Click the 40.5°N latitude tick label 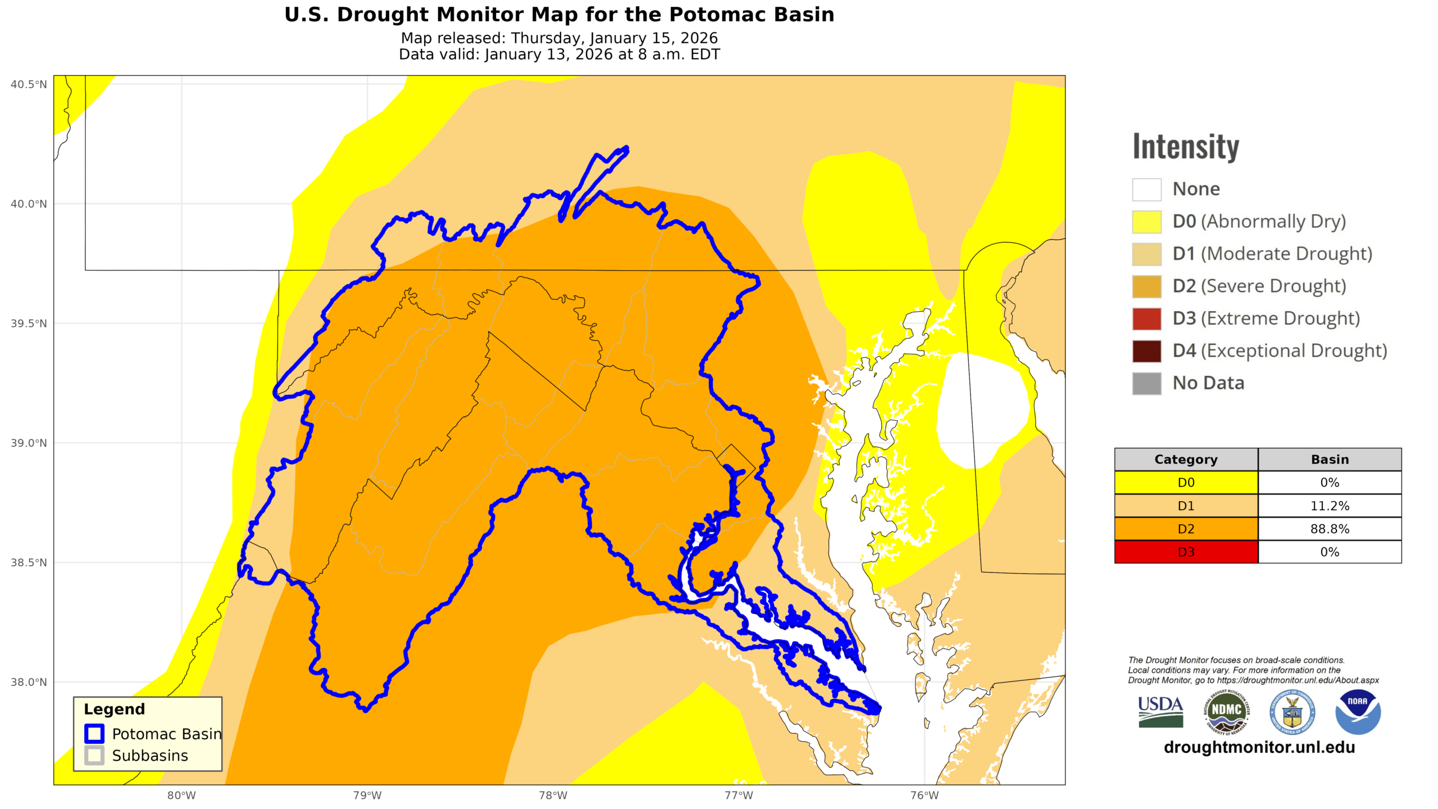29,84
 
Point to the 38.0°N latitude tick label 29,682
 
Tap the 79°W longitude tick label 367,795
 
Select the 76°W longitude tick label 924,795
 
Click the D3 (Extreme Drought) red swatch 1146,319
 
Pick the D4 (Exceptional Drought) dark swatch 1146,351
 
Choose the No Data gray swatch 1146,383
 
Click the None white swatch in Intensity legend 1146,189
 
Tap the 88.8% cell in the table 1329,529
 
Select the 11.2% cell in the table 1329,506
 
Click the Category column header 1185,460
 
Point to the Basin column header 1329,460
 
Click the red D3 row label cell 1185,552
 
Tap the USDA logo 1161,712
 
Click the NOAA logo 1357,712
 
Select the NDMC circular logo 1226,712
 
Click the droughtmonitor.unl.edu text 1259,747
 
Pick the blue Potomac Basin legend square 94,734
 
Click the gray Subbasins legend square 94,755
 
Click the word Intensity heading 1185,147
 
